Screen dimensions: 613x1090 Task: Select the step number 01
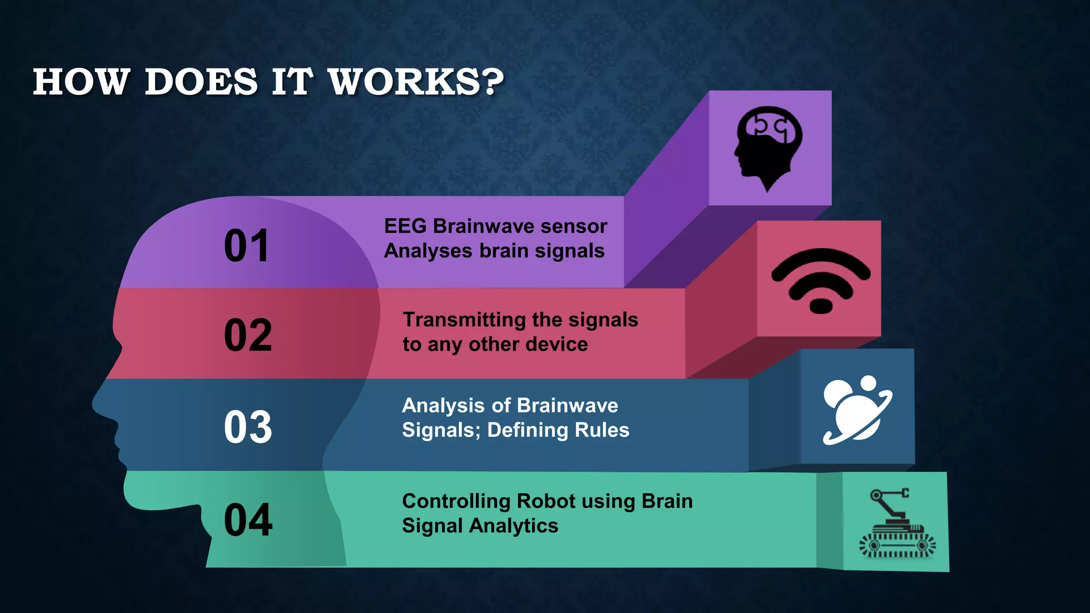click(x=246, y=246)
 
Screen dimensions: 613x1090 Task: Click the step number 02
click(x=248, y=335)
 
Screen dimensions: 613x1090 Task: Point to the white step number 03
click(x=248, y=427)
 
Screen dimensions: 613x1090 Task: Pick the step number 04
click(x=248, y=520)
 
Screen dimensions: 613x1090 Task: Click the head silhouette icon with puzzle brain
click(x=768, y=148)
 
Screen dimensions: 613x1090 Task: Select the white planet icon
click(x=857, y=410)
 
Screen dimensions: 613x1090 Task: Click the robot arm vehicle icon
click(x=897, y=524)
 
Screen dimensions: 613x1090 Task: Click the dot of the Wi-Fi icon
click(x=821, y=306)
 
